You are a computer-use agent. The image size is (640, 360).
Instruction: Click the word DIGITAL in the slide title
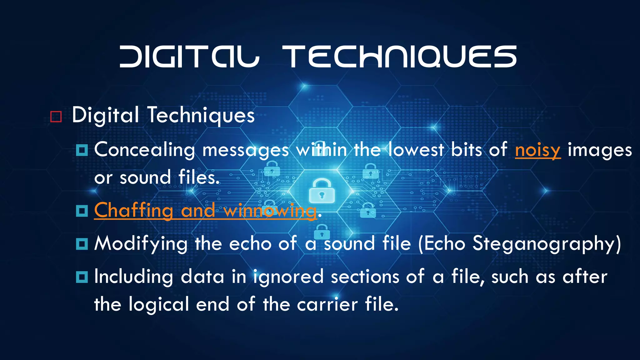point(189,57)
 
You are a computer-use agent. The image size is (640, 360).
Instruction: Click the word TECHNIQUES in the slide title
point(399,57)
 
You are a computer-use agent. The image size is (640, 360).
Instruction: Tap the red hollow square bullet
point(56,117)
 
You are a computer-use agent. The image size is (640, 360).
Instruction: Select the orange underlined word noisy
point(537,150)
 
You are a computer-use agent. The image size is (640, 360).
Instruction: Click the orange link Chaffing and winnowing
point(205,210)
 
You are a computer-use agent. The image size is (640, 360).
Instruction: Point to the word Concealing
point(145,150)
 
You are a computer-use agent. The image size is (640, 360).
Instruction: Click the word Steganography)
point(546,244)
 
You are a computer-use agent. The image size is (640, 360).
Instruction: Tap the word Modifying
point(141,244)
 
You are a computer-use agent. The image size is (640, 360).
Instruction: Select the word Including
point(134,277)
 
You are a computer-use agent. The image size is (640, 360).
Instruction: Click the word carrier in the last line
point(327,304)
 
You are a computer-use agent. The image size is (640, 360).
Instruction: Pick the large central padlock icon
point(322,191)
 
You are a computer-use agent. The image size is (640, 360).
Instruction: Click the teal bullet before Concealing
point(82,150)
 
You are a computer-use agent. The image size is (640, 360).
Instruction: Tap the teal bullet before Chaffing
point(82,211)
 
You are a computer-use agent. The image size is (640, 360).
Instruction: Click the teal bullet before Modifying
point(82,244)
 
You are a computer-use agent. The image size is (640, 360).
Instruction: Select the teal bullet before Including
point(82,277)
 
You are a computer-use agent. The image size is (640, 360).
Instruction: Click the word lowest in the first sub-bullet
point(416,150)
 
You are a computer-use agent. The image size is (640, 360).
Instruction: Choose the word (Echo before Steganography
point(442,244)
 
